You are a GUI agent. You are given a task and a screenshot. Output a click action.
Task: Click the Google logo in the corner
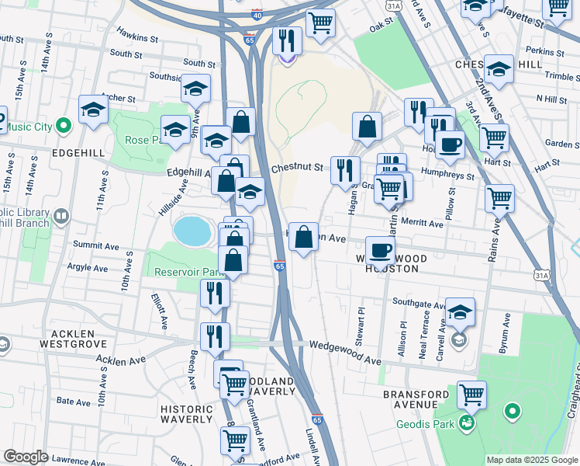26,456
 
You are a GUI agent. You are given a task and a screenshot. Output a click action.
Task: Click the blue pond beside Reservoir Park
190,231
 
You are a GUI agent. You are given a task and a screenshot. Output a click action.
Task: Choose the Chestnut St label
296,167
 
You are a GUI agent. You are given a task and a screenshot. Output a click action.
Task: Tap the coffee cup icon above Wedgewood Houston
380,249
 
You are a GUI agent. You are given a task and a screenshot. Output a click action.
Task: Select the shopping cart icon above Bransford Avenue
471,393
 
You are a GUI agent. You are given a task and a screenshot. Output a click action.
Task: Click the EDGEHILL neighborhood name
73,153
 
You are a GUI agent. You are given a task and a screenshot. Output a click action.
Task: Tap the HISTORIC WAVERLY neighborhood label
186,414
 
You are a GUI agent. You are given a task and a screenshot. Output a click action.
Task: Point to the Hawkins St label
137,35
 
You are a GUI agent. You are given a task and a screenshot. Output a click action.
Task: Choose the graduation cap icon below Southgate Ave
460,311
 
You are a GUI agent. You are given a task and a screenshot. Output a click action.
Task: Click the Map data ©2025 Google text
531,460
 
